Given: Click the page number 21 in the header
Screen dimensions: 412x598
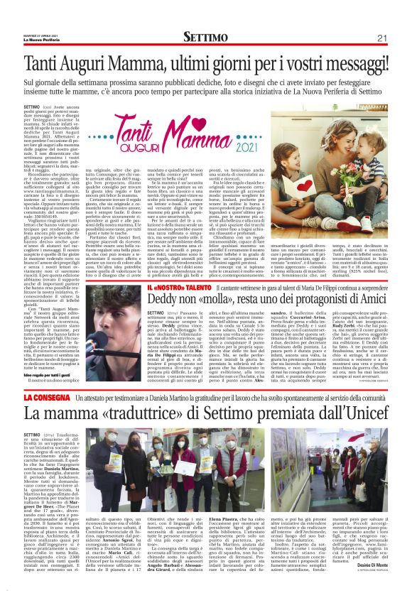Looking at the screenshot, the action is [x=382, y=37].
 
